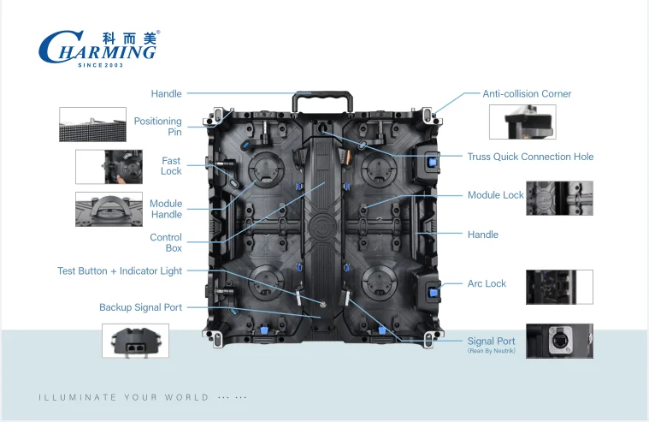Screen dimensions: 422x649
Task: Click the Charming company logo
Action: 98,47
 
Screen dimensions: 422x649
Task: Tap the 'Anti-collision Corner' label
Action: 527,93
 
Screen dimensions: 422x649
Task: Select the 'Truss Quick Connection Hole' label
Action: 530,157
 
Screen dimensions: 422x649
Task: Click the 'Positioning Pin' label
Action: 157,127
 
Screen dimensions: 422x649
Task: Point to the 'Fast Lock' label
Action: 171,166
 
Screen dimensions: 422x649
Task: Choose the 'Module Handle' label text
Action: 166,209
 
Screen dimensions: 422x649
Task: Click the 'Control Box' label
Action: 166,243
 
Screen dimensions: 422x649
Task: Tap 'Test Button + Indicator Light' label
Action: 120,271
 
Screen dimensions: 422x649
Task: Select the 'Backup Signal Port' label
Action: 140,307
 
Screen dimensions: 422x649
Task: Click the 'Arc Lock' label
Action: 487,283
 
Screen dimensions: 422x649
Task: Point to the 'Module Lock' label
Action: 495,195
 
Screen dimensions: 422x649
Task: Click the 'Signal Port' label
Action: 491,341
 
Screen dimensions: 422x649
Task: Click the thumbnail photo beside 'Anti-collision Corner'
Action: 522,122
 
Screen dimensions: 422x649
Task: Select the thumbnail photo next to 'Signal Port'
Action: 559,341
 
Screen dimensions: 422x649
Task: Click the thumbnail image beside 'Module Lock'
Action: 559,198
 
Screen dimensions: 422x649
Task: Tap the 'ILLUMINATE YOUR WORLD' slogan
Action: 124,397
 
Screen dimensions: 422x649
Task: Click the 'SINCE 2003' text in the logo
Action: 102,65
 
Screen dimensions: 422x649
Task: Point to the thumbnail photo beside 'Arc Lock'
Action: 559,287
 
